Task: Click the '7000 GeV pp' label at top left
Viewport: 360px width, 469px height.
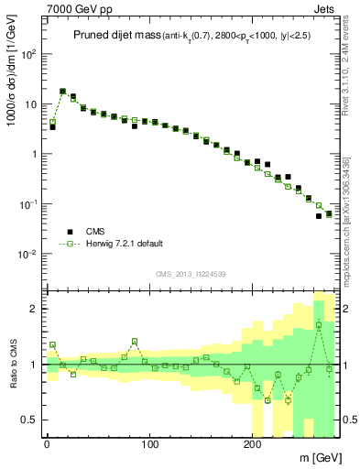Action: click(x=76, y=7)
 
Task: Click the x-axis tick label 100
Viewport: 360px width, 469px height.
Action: click(x=149, y=443)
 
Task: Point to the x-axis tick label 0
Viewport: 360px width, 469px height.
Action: click(x=47, y=443)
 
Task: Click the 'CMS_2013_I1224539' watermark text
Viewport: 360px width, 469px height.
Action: click(x=192, y=274)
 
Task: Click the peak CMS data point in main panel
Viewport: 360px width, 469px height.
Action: click(x=62, y=92)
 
